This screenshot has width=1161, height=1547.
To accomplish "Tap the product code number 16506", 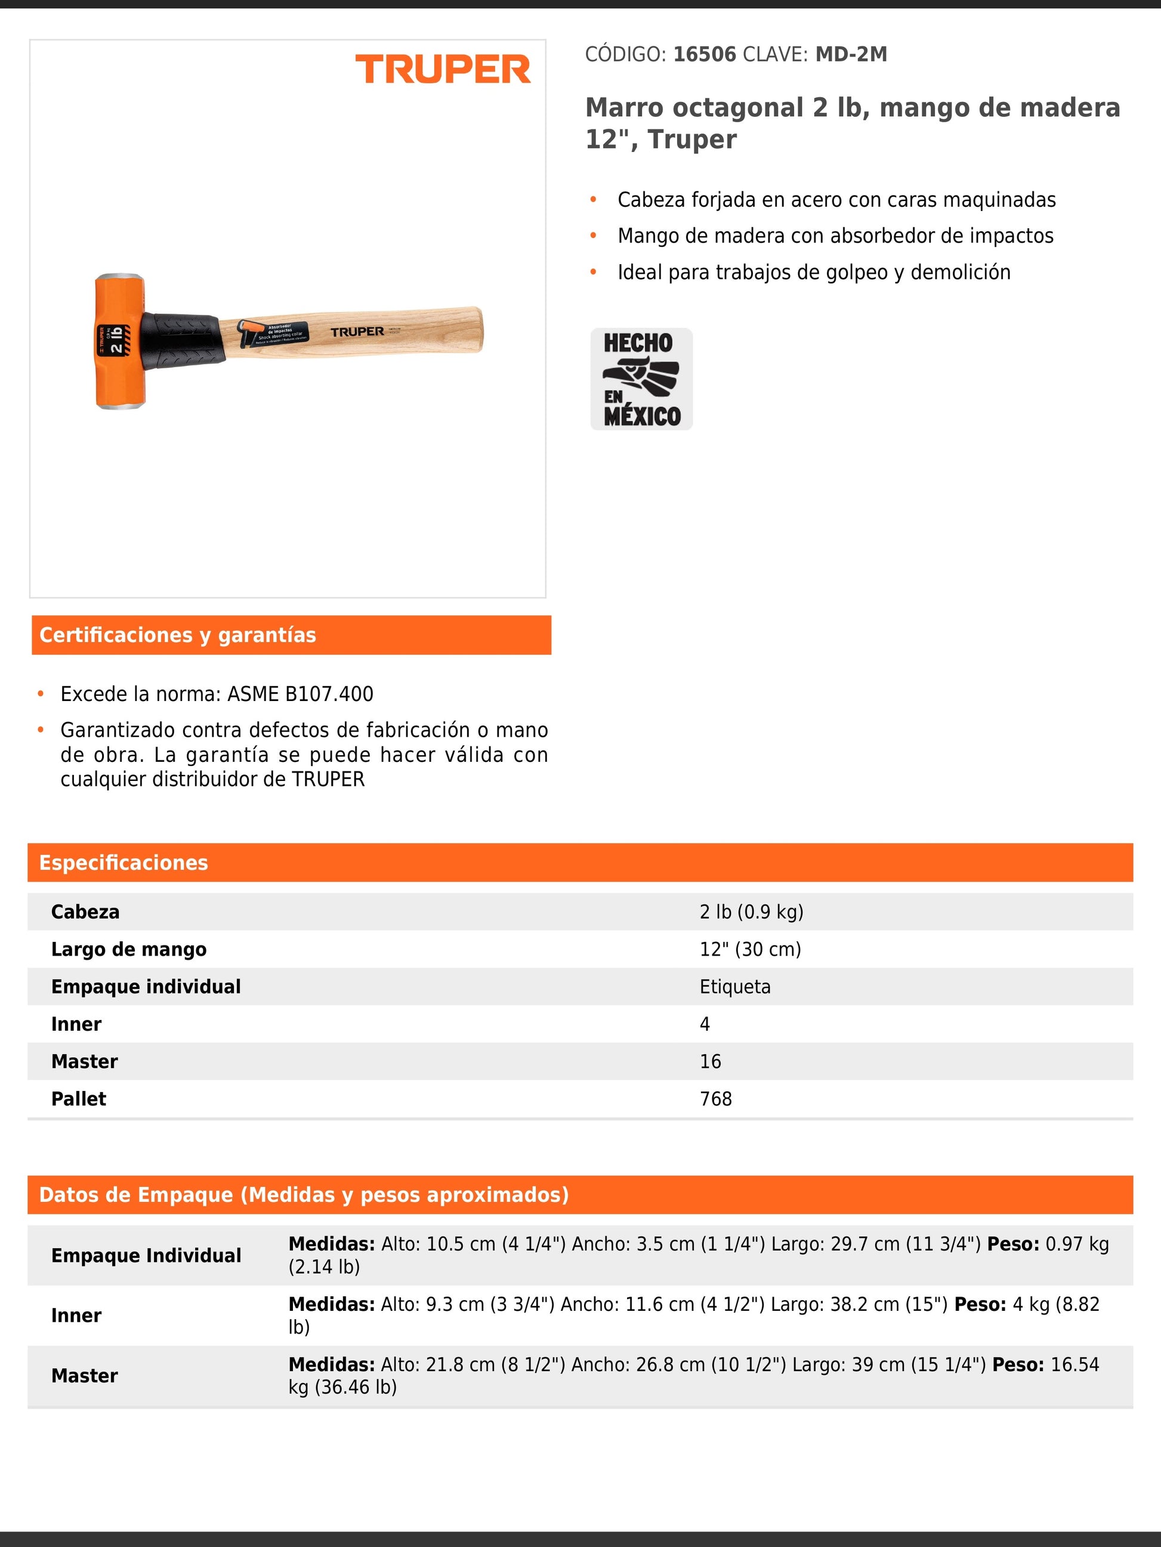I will pyautogui.click(x=704, y=55).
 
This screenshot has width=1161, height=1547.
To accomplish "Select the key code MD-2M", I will pyautogui.click(x=851, y=55).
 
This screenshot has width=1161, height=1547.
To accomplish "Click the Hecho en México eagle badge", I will pyautogui.click(x=641, y=379).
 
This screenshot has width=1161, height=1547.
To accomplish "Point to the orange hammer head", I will pyautogui.click(x=120, y=341).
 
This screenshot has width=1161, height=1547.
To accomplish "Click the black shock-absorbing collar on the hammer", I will pyautogui.click(x=183, y=339).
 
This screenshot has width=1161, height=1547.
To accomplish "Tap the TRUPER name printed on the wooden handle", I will pyautogui.click(x=357, y=331).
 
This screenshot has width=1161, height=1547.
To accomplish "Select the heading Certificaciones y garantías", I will pyautogui.click(x=178, y=635).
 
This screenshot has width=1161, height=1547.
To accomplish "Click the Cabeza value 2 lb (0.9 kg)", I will pyautogui.click(x=751, y=912).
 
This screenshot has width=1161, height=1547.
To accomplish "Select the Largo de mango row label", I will pyautogui.click(x=129, y=949).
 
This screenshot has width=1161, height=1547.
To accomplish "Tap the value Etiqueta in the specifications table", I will pyautogui.click(x=735, y=987).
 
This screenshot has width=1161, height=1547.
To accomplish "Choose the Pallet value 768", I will pyautogui.click(x=715, y=1099).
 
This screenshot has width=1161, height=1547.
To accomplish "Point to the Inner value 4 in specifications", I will pyautogui.click(x=705, y=1024).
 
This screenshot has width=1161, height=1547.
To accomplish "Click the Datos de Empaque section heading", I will pyautogui.click(x=304, y=1195).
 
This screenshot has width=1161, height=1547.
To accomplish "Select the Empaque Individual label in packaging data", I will pyautogui.click(x=146, y=1255).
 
